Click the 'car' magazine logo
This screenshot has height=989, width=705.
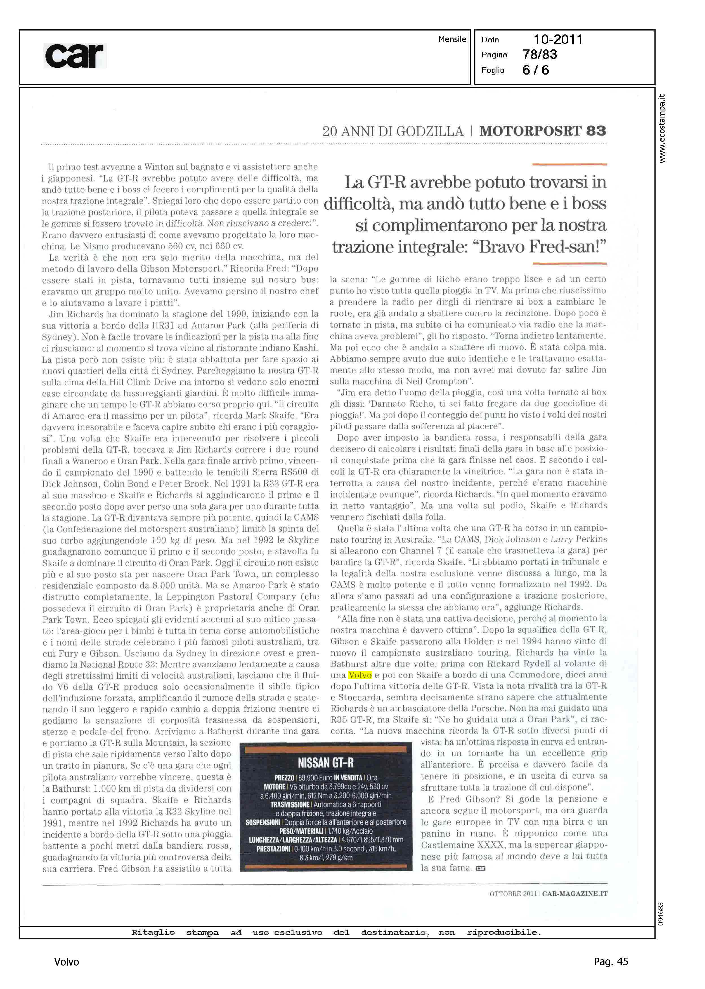click(x=75, y=56)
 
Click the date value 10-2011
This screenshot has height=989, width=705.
click(x=558, y=40)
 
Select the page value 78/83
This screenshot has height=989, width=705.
click(x=539, y=55)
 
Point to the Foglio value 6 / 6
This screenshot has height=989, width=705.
click(x=536, y=70)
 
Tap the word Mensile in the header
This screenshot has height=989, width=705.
click(x=452, y=39)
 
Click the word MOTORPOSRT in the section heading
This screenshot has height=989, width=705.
click(x=530, y=131)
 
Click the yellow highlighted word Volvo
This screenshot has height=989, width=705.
click(x=360, y=675)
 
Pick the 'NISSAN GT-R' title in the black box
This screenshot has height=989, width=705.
click(x=326, y=763)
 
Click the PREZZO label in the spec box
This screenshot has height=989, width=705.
click(x=284, y=778)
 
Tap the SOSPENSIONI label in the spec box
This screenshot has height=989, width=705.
click(x=263, y=822)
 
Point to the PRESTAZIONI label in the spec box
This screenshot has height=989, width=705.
click(x=273, y=849)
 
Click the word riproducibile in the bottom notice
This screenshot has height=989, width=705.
click(x=504, y=932)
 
